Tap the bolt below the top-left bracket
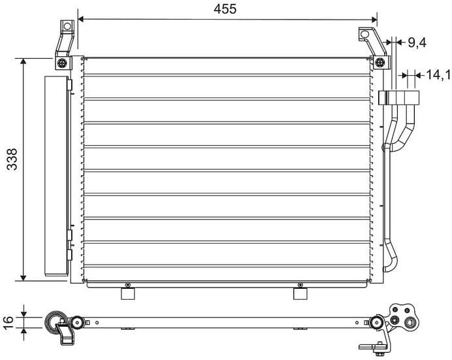(x=61, y=63)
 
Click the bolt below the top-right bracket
(x=379, y=63)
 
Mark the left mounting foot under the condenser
(x=128, y=294)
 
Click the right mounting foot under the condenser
(x=300, y=294)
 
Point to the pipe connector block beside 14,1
(x=400, y=98)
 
